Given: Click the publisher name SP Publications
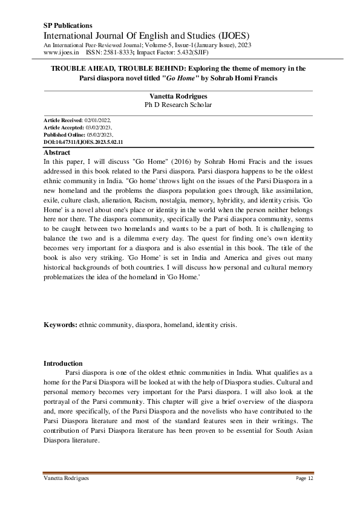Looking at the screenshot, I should [x=68, y=25].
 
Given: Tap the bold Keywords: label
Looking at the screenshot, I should [x=60, y=325].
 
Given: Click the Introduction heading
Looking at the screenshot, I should [x=63, y=363].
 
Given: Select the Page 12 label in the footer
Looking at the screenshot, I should [x=304, y=478].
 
